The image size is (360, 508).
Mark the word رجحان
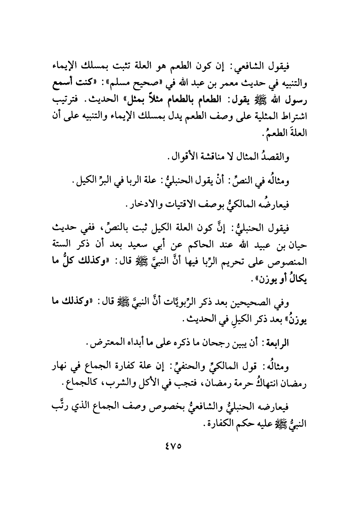coord(214,343)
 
